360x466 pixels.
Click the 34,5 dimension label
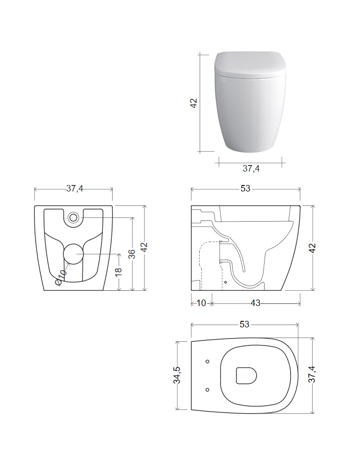click(x=177, y=375)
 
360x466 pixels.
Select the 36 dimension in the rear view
click(x=132, y=254)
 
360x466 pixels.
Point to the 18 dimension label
click(x=118, y=271)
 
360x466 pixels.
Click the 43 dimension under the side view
click(x=255, y=303)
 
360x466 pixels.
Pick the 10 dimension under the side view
click(x=201, y=303)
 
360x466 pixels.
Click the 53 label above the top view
click(x=244, y=324)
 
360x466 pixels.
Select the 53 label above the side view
click(x=246, y=188)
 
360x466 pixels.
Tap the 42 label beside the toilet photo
click(x=193, y=103)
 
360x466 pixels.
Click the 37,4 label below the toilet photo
click(x=251, y=168)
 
